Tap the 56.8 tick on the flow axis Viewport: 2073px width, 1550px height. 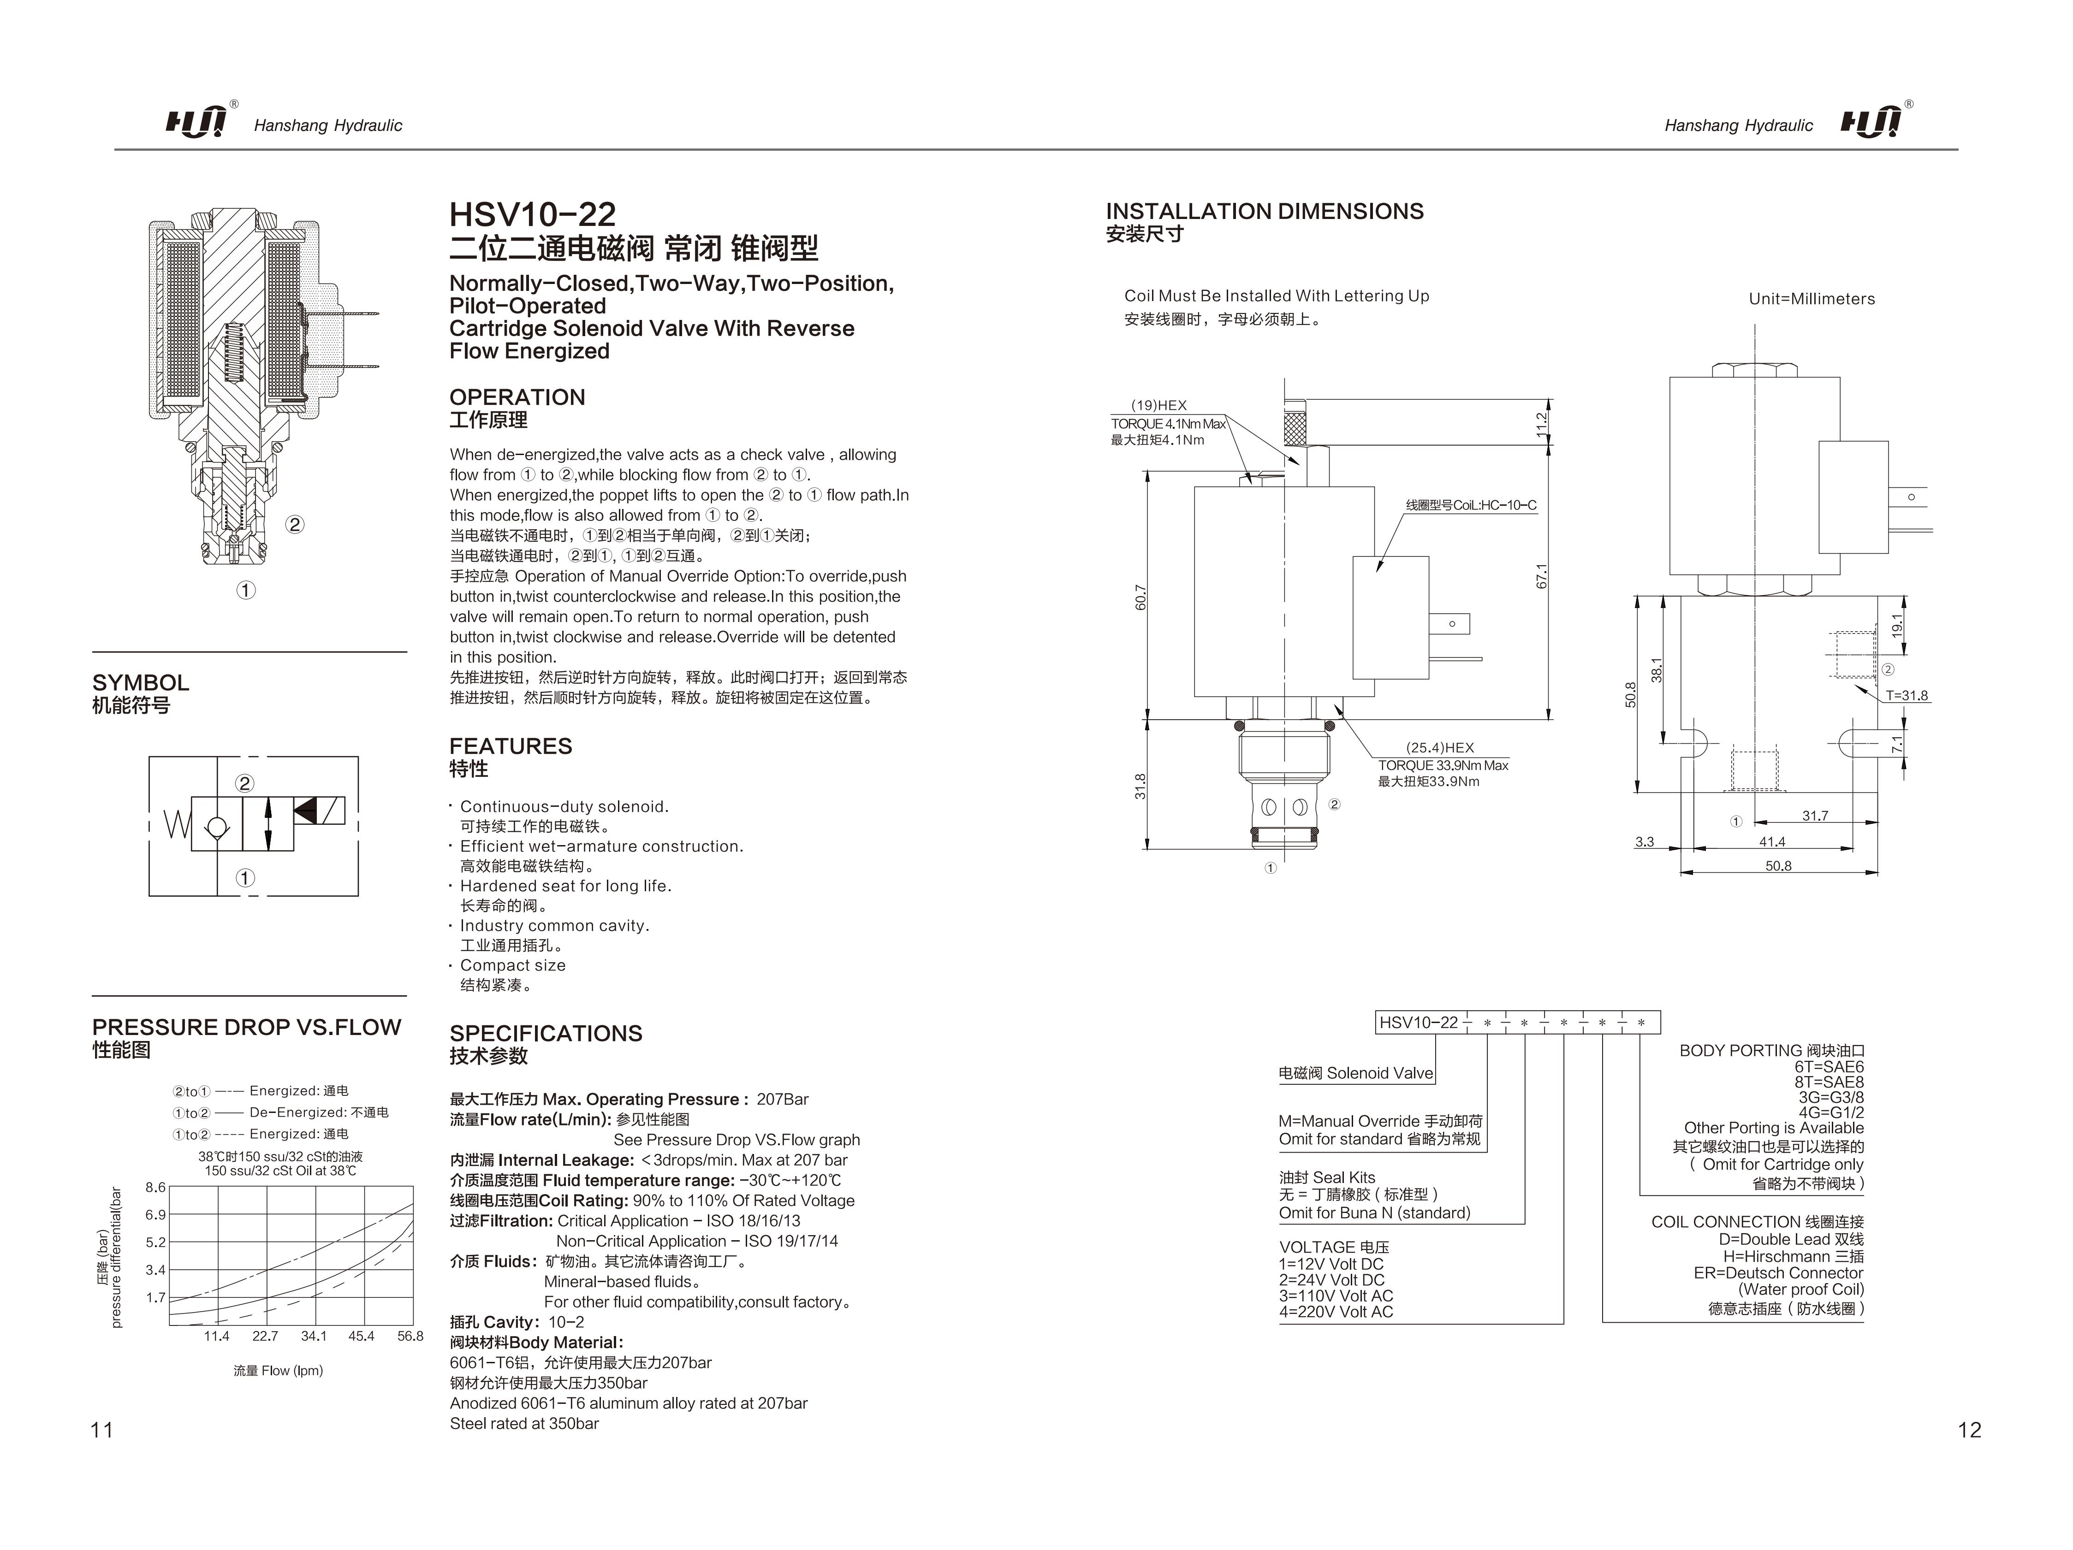[410, 1337]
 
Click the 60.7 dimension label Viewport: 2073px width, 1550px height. [1140, 597]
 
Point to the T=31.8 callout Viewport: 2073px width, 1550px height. [1906, 695]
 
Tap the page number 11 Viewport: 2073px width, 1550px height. [101, 1429]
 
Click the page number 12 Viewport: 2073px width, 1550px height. [1969, 1429]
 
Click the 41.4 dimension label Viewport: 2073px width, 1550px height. [1772, 841]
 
